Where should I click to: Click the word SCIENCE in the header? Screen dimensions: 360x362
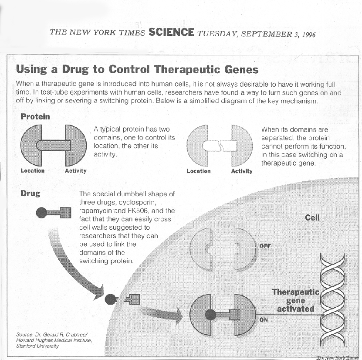[x=171, y=32]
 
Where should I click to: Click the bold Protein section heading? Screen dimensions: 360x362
[x=35, y=116]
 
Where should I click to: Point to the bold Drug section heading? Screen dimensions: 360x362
[x=30, y=193]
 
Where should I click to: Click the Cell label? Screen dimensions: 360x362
[x=312, y=217]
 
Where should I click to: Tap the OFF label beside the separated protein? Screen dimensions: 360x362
[x=265, y=246]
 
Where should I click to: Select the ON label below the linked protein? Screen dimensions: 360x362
[x=263, y=320]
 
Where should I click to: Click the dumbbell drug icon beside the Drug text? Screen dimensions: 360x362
[x=54, y=213]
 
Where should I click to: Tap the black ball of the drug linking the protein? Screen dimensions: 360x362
[x=211, y=314]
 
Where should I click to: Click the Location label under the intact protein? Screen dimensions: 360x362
[x=32, y=170]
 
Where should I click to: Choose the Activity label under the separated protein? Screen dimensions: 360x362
[x=242, y=171]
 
